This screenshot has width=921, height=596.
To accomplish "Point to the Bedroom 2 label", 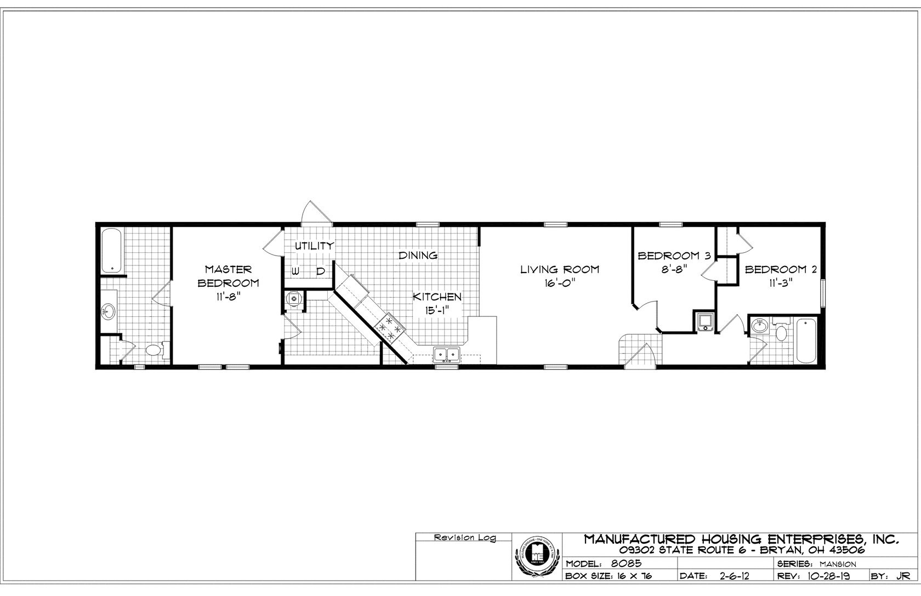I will tap(781, 269).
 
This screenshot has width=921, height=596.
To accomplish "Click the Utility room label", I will tap(314, 246).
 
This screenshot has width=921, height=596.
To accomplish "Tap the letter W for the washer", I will tap(295, 271).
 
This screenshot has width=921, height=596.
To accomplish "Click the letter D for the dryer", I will tap(321, 271).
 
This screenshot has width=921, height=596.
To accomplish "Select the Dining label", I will tap(418, 255).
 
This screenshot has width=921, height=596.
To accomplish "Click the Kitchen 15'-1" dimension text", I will tap(437, 311).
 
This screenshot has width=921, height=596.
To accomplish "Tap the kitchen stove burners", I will tap(389, 327).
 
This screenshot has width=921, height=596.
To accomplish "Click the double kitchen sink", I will tap(447, 355).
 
